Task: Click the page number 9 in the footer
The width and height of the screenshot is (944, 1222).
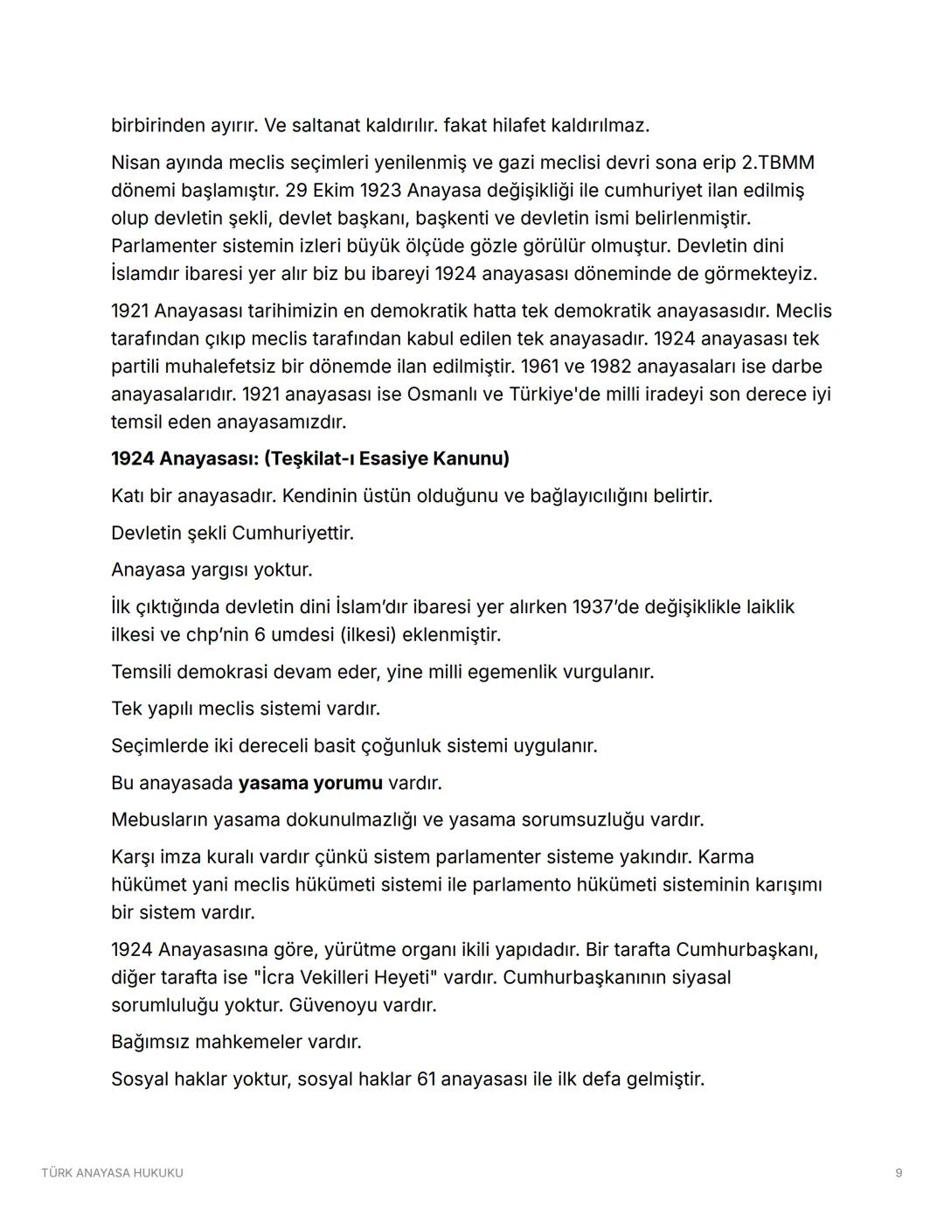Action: [x=899, y=1173]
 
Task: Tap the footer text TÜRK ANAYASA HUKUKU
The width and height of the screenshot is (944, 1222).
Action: [x=112, y=1173]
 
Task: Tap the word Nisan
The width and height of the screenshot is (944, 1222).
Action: [x=137, y=163]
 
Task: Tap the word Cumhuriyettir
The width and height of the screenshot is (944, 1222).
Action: [x=293, y=533]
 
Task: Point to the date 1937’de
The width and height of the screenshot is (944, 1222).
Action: [x=606, y=606]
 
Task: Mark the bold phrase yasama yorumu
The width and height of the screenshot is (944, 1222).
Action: [x=310, y=782]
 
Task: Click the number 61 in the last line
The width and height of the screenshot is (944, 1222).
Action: [x=426, y=1079]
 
